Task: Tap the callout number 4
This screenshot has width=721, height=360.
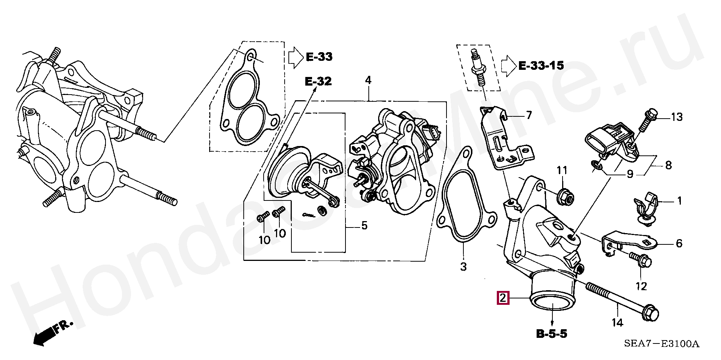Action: tap(368, 80)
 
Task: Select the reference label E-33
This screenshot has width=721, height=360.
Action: tap(319, 57)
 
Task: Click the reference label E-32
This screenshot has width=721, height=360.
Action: tap(318, 81)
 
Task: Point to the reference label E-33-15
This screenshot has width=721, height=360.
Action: tap(541, 66)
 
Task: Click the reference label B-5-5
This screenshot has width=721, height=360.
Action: tap(552, 333)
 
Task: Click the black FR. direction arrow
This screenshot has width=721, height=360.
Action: tap(43, 336)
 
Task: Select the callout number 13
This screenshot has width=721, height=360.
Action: tap(677, 117)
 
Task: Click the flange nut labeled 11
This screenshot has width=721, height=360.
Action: tap(566, 197)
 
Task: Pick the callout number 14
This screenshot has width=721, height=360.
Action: tap(617, 322)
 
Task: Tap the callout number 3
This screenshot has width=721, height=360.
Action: tap(463, 267)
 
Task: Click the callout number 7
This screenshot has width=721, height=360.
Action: tap(529, 115)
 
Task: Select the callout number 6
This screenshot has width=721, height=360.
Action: tap(679, 244)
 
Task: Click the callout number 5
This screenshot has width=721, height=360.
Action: tap(364, 226)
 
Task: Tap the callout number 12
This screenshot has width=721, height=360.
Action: tap(641, 286)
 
